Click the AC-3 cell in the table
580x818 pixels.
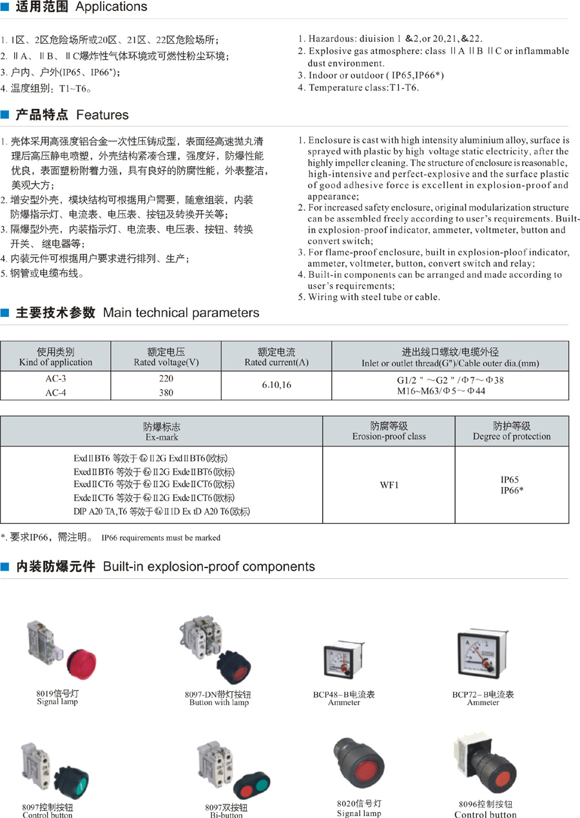pos(55,379)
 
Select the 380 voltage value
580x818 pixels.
pos(166,392)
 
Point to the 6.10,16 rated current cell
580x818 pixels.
pos(276,385)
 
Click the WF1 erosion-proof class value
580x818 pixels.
pos(389,484)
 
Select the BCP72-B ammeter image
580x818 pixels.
pos(479,654)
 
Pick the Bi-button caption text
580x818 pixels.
pos(226,815)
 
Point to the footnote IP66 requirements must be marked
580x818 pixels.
pos(161,538)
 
